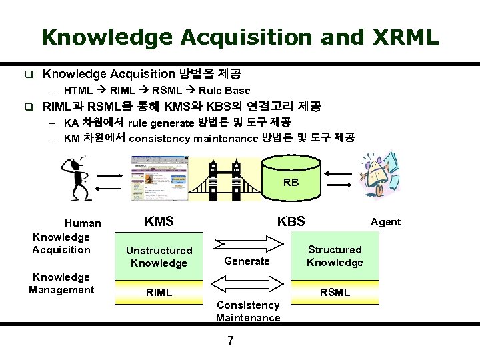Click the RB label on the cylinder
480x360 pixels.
click(291, 182)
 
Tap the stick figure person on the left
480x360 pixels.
click(73, 177)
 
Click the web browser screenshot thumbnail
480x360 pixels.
click(160, 178)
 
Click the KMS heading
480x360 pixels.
click(159, 221)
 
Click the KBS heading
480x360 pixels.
click(291, 221)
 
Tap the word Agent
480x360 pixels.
click(385, 222)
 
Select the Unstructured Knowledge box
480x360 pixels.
click(159, 257)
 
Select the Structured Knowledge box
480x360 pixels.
click(335, 256)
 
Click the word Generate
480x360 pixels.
click(247, 261)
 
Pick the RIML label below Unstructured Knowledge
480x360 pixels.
click(159, 292)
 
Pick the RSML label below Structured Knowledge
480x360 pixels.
click(335, 292)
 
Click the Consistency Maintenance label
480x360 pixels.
click(248, 311)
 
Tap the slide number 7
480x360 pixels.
click(231, 341)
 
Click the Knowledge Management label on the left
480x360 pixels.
click(61, 283)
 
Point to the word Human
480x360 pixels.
click(83, 223)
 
